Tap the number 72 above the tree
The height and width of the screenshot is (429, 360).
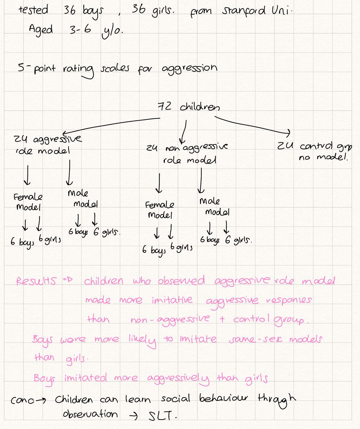point(164,107)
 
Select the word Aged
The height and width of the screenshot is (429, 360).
point(41,30)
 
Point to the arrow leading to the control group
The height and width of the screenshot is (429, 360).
point(254,125)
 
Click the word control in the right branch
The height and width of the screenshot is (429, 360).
point(316,146)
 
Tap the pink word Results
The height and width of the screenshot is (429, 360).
point(36,281)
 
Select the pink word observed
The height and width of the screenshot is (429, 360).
point(181,280)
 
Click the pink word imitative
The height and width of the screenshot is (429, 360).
point(172,300)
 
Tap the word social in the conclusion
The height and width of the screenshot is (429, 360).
point(176,399)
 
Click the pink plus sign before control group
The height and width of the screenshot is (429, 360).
point(222,319)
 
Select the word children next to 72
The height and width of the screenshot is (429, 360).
point(200,107)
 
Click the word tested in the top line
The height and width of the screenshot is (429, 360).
point(33,10)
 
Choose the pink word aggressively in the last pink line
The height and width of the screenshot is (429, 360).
point(178,379)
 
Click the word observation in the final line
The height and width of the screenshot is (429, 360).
point(90,414)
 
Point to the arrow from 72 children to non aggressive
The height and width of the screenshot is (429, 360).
point(184,132)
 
